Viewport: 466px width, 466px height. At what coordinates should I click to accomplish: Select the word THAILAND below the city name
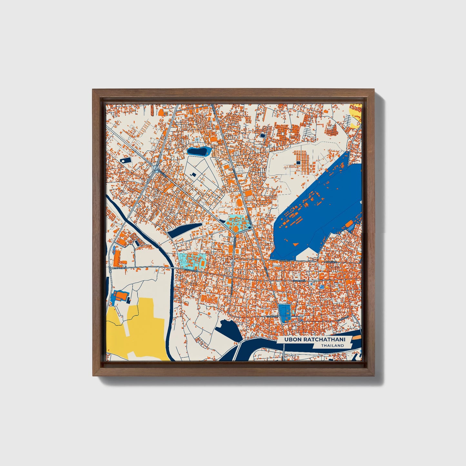pyautogui.click(x=332, y=346)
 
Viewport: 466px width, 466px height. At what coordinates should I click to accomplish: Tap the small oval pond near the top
pyautogui.click(x=198, y=151)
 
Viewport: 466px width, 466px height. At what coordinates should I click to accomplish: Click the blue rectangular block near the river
pyautogui.click(x=284, y=312)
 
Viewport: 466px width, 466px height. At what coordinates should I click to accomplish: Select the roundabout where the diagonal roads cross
pyautogui.click(x=156, y=169)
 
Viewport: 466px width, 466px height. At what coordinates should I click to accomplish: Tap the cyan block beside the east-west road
pyautogui.click(x=193, y=261)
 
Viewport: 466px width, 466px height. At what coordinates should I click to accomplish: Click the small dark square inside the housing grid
pyautogui.click(x=298, y=163)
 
